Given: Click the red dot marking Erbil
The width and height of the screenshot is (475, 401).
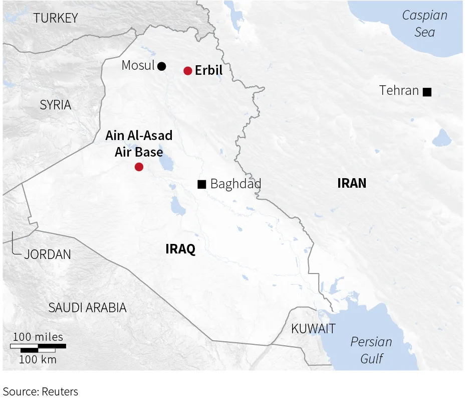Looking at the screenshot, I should pyautogui.click(x=188, y=71).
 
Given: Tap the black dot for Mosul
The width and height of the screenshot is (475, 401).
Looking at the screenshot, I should pyautogui.click(x=161, y=66).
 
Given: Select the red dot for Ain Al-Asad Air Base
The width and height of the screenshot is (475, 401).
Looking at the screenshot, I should pyautogui.click(x=139, y=167).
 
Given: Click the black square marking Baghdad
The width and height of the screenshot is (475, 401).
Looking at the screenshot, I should pyautogui.click(x=201, y=184).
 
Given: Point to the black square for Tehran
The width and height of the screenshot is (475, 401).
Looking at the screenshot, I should pyautogui.click(x=427, y=91).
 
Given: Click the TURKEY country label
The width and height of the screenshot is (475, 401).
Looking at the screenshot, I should pyautogui.click(x=56, y=19).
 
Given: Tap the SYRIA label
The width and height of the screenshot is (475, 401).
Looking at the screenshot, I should pyautogui.click(x=56, y=105).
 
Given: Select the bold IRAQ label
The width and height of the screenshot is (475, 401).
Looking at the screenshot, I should pyautogui.click(x=180, y=249).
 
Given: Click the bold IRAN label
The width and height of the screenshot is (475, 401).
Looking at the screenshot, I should pyautogui.click(x=352, y=183).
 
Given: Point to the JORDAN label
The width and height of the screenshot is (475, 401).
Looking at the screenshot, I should pyautogui.click(x=48, y=254).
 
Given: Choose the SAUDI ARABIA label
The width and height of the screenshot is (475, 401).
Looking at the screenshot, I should pyautogui.click(x=87, y=308).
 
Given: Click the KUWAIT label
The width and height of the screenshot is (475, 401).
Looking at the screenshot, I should pyautogui.click(x=313, y=329).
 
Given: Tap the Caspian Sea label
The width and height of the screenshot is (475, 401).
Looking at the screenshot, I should pyautogui.click(x=425, y=24).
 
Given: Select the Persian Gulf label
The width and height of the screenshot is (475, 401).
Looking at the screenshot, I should pyautogui.click(x=371, y=350).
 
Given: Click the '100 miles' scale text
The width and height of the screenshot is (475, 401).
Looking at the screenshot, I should pyautogui.click(x=38, y=337).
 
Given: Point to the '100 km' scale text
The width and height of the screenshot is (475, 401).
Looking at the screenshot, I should pyautogui.click(x=38, y=359).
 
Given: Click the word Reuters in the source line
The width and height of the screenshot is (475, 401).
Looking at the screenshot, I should pyautogui.click(x=60, y=391).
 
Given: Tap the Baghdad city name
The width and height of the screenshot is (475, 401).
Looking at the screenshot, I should pyautogui.click(x=235, y=184).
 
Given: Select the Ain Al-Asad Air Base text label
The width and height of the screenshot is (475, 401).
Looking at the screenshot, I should pyautogui.click(x=139, y=144).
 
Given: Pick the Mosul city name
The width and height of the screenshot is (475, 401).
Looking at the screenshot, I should pyautogui.click(x=138, y=65).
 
